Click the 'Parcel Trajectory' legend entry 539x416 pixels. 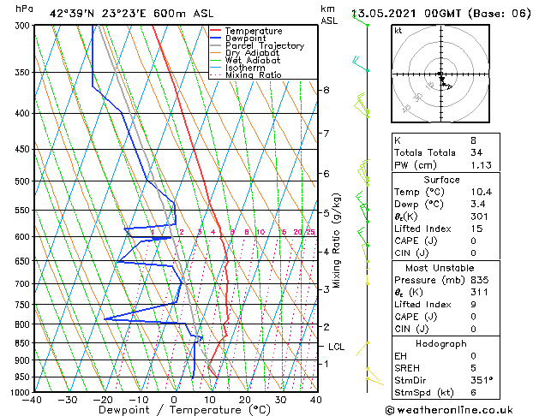point(265,46)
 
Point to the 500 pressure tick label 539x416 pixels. point(22,181)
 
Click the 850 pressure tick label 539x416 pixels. point(22,343)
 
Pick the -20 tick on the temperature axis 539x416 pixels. point(103,399)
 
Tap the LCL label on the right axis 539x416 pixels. point(336,347)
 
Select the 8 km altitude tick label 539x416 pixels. point(326,90)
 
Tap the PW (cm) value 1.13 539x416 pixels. point(478,166)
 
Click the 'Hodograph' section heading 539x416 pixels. point(441,343)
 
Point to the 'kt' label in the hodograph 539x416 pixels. point(398,31)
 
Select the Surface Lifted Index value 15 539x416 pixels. point(474,229)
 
